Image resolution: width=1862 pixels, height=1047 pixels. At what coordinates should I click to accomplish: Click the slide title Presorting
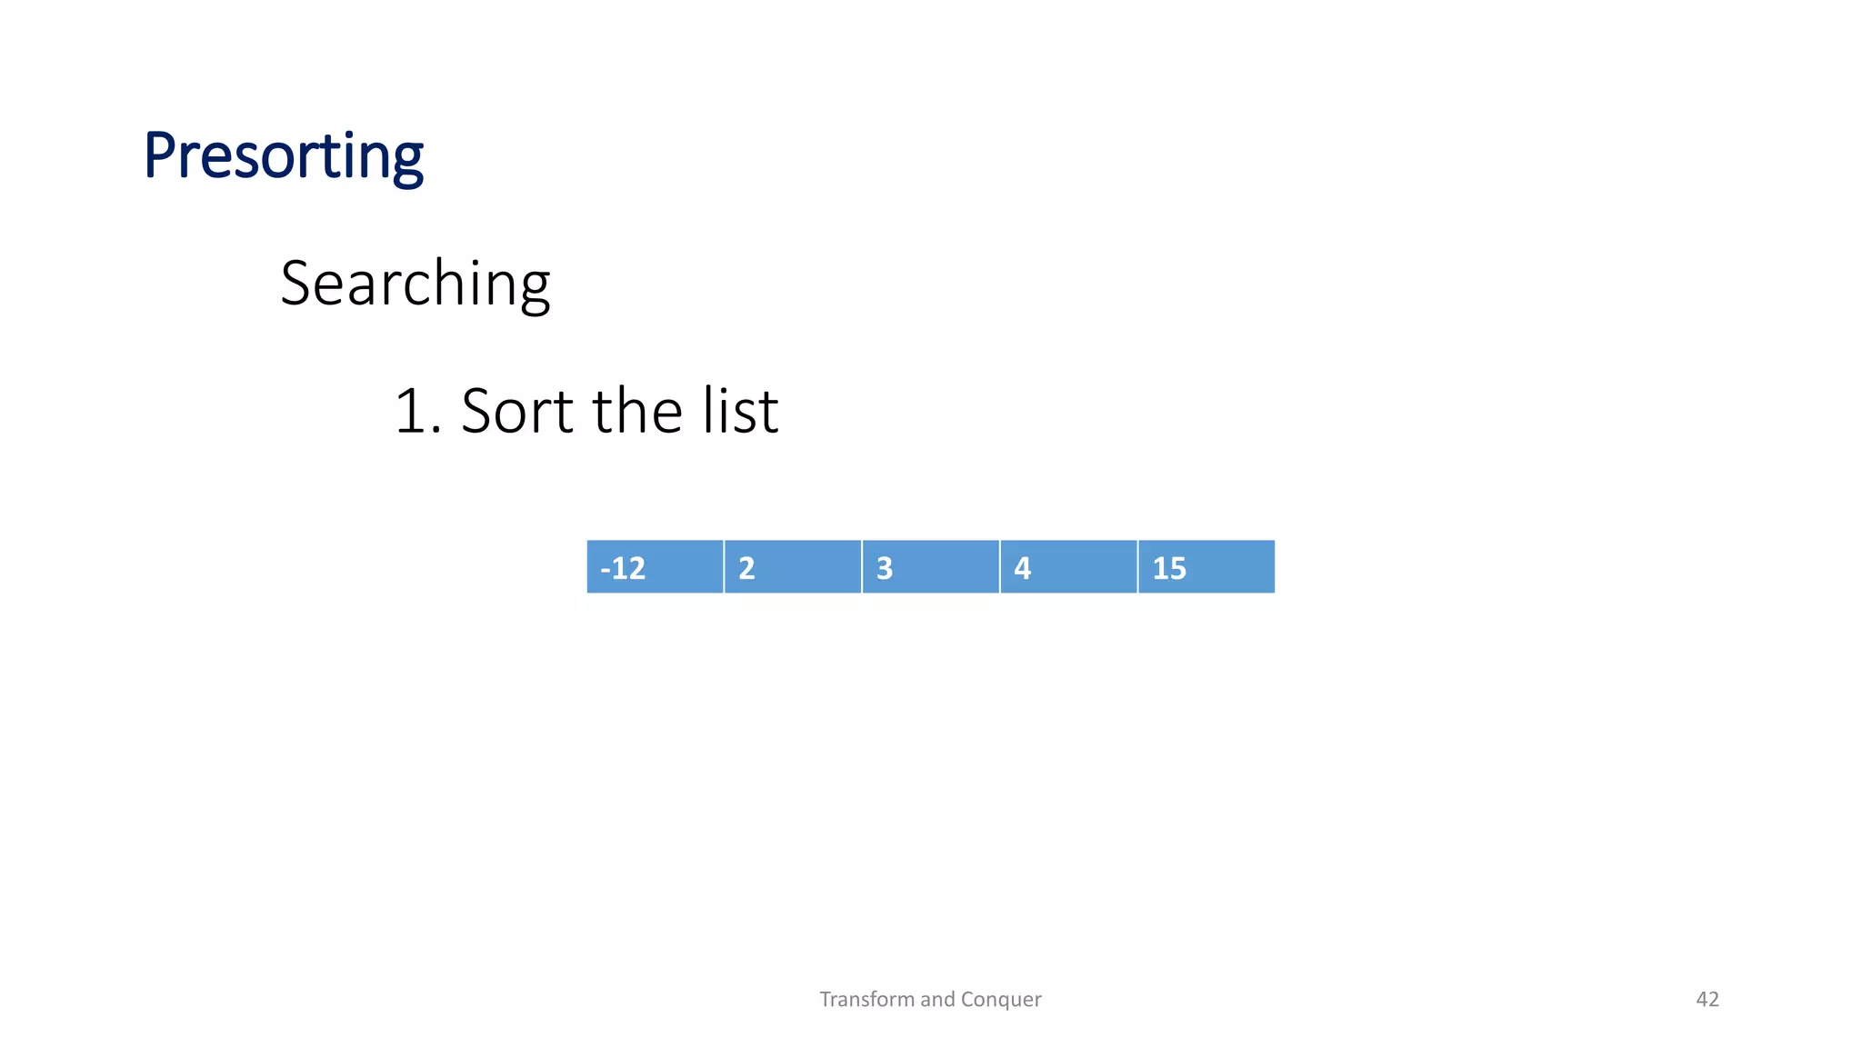[x=283, y=156]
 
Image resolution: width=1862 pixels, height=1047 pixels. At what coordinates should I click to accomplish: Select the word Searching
[x=415, y=284]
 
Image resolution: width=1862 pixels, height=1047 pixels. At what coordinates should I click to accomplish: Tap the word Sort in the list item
[x=516, y=411]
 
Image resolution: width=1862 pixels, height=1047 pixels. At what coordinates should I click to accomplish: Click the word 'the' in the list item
[x=637, y=411]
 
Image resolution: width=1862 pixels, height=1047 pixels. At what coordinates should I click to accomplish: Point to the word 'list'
[x=740, y=411]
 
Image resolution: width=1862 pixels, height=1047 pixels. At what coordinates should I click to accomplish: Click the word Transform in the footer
[x=867, y=1000]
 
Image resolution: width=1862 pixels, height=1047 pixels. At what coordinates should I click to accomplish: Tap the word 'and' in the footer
[x=937, y=1000]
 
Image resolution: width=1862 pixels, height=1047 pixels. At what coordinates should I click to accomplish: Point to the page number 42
[x=1707, y=1000]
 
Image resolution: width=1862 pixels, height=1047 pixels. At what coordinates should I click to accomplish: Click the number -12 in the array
[x=623, y=569]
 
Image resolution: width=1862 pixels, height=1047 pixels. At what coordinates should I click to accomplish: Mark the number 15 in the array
[x=1169, y=569]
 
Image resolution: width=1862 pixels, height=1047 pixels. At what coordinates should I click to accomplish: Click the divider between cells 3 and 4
[x=999, y=567]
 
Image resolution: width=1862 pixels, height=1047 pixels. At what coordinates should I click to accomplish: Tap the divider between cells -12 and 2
[x=724, y=567]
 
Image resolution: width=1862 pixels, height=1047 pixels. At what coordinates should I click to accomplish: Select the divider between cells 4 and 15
[x=1137, y=567]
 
